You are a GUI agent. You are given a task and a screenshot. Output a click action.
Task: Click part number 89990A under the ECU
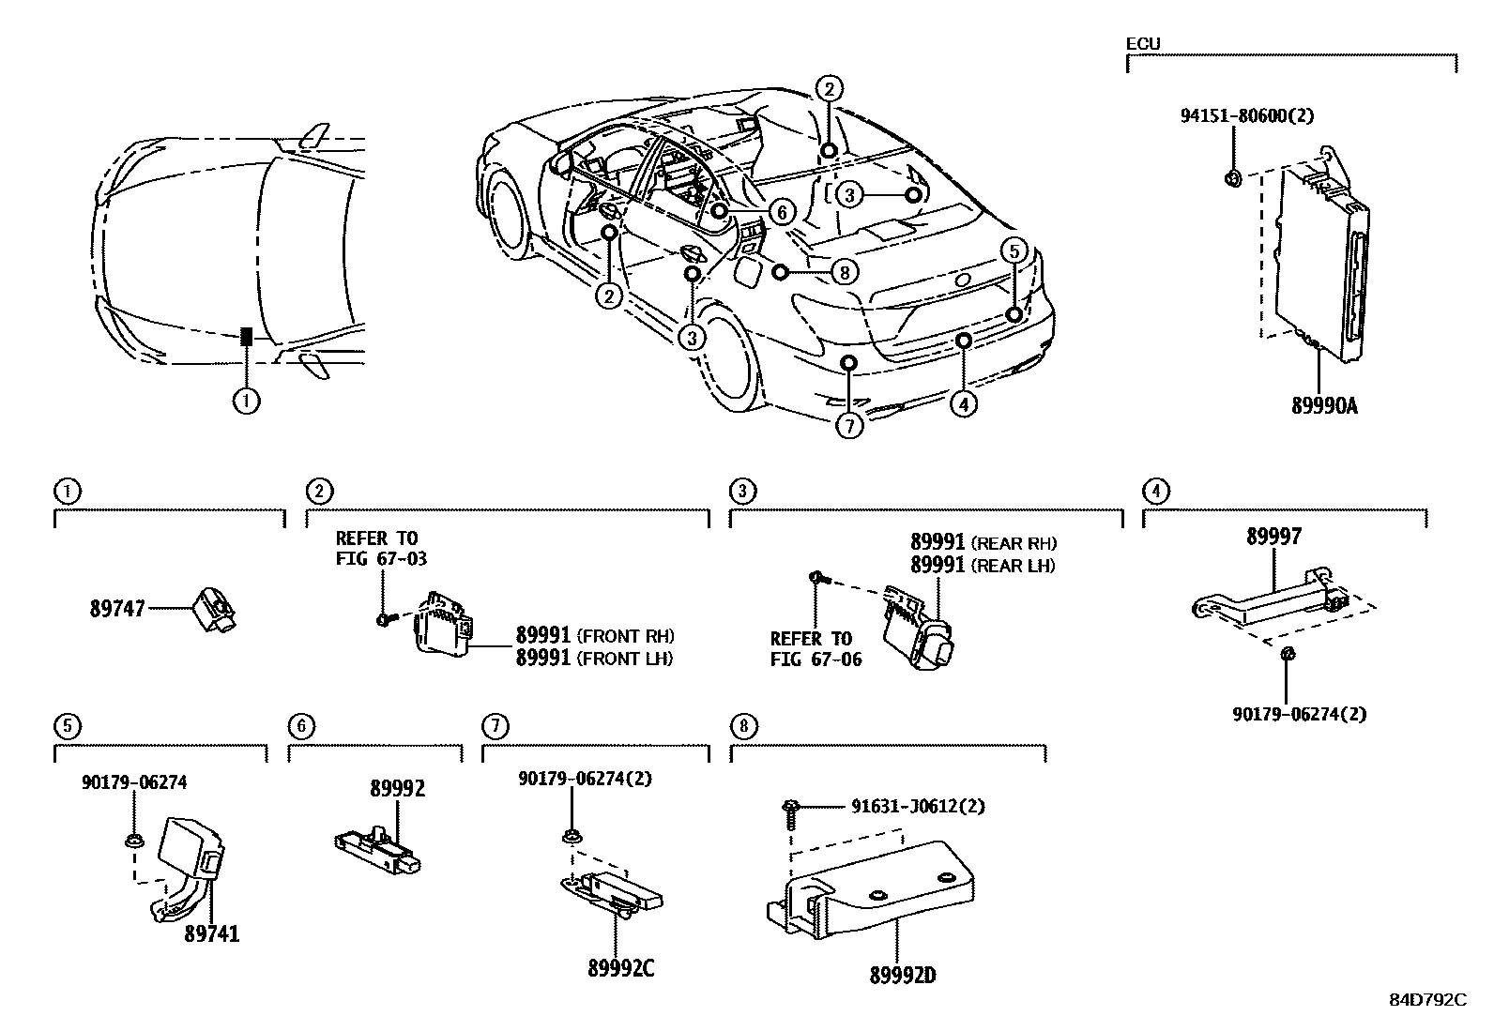(x=1324, y=406)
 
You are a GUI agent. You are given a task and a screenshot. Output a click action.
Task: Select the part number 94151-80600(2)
(x=1246, y=116)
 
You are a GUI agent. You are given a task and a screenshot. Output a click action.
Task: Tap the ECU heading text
(x=1142, y=43)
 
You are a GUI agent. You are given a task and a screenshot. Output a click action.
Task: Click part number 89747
(x=117, y=609)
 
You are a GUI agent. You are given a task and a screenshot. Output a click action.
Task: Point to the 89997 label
(x=1273, y=537)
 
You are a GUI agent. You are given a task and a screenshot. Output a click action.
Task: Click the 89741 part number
(x=211, y=934)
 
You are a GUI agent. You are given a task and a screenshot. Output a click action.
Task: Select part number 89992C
(x=620, y=969)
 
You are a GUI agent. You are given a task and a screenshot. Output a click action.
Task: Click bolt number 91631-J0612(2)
(x=918, y=806)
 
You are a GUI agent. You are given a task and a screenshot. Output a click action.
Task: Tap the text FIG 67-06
(x=816, y=660)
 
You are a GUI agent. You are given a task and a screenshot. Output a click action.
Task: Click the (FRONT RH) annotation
(x=626, y=635)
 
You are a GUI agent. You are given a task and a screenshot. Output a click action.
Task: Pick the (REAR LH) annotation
(x=1013, y=566)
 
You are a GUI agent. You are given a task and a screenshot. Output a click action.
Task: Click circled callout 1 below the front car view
(x=246, y=402)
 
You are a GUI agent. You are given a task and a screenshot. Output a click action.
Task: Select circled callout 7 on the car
(x=848, y=426)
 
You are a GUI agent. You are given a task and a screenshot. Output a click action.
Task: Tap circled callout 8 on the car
(x=845, y=272)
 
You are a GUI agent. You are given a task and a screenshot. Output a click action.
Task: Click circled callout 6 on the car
(x=781, y=212)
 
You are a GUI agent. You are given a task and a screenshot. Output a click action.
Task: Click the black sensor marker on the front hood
(x=246, y=337)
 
